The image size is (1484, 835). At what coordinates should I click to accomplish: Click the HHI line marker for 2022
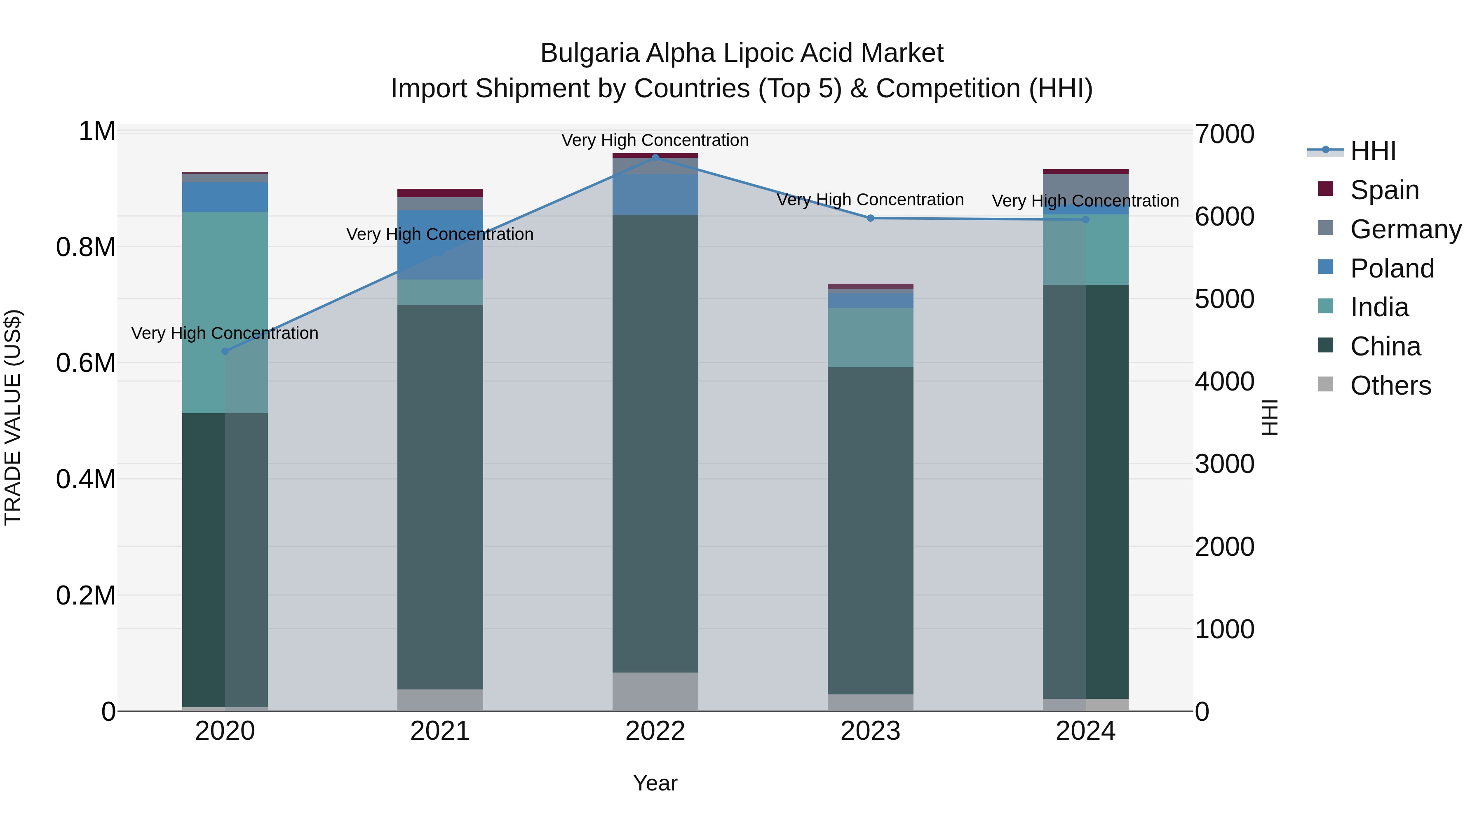point(655,158)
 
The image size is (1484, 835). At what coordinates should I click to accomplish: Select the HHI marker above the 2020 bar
point(225,351)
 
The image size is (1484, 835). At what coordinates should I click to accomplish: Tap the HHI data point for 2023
point(871,218)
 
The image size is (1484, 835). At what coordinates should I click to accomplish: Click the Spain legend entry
point(1384,190)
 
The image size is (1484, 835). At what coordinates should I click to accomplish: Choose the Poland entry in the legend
point(1392,268)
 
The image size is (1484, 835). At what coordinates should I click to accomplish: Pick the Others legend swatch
point(1326,384)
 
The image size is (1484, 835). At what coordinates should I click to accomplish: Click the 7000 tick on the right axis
point(1224,134)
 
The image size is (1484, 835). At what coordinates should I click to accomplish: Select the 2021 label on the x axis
point(440,731)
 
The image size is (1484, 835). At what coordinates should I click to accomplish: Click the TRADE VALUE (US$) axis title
point(13,417)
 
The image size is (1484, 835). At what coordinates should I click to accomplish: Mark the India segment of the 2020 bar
point(225,311)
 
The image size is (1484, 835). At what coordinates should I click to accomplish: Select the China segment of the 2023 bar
point(871,530)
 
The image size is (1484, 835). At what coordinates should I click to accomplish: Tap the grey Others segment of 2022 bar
point(655,691)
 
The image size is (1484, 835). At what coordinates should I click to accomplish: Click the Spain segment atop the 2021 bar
point(440,193)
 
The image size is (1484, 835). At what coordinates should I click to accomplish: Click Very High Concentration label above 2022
point(655,140)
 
